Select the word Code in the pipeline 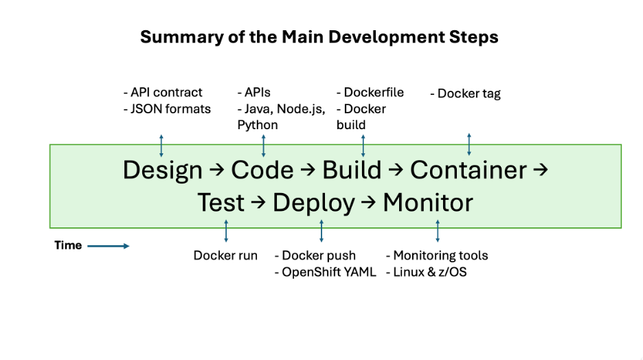[x=262, y=170]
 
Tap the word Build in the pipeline [x=352, y=169]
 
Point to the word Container [x=469, y=170]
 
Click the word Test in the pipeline [x=221, y=203]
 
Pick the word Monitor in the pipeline [x=428, y=203]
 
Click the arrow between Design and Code [x=217, y=169]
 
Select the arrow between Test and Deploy [x=258, y=202]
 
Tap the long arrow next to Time [x=109, y=246]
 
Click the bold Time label [x=68, y=245]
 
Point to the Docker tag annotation [x=466, y=93]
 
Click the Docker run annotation [x=225, y=256]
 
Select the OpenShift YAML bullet [x=325, y=272]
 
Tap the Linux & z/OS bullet [x=427, y=272]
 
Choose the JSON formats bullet [x=168, y=109]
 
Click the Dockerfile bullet [x=370, y=92]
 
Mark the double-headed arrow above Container [x=469, y=144]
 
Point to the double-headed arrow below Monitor [x=438, y=231]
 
